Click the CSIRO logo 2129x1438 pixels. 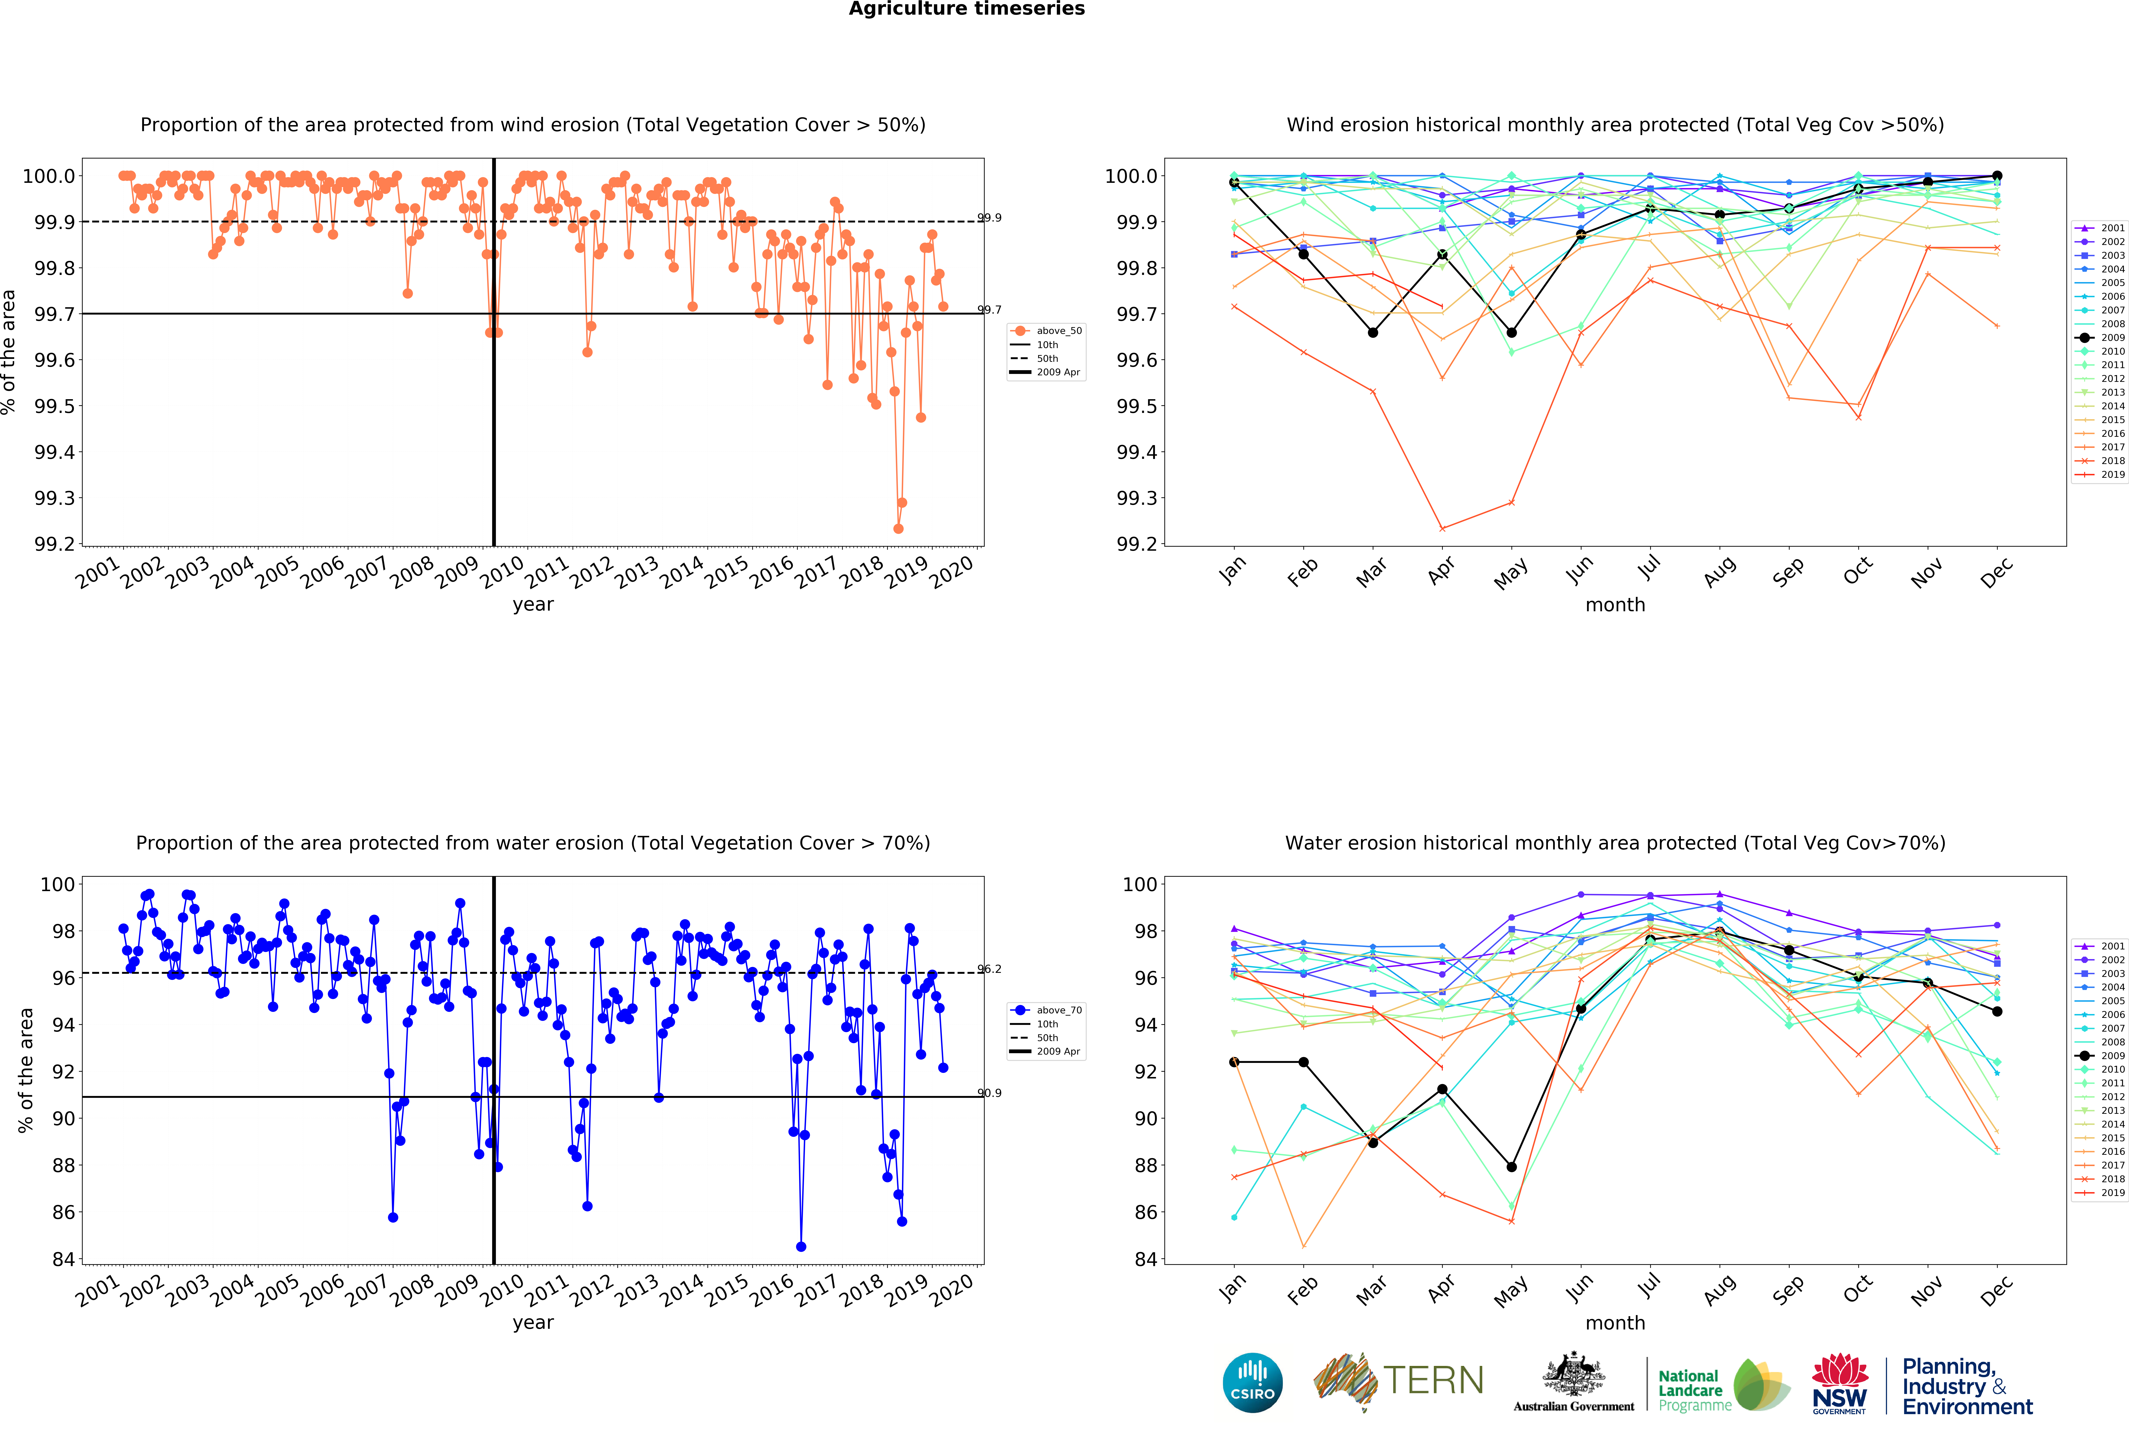(x=1252, y=1382)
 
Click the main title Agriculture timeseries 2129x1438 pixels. (x=966, y=9)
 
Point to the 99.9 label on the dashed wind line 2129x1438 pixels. (x=989, y=218)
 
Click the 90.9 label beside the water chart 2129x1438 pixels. (x=989, y=1093)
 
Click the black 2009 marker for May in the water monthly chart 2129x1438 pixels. (x=1511, y=1167)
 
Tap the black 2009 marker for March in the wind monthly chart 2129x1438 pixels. (x=1372, y=333)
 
